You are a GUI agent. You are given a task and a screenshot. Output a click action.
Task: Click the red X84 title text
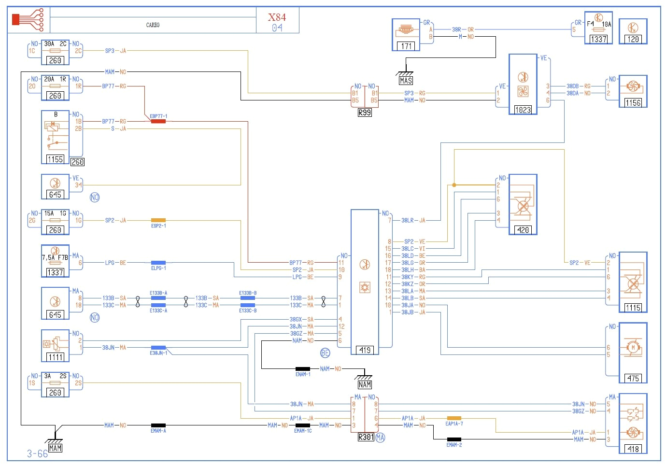(277, 17)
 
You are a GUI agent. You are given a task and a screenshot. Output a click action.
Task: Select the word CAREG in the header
(153, 25)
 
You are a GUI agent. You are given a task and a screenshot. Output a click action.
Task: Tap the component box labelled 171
(406, 35)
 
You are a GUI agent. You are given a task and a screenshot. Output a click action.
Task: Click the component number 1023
(523, 110)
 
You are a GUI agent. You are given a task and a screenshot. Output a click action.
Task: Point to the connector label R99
(365, 113)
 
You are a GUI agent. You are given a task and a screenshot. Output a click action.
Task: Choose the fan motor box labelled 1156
(633, 91)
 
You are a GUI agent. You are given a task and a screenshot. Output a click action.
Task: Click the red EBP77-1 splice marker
(158, 121)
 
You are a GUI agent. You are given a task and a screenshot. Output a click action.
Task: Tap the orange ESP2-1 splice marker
(158, 220)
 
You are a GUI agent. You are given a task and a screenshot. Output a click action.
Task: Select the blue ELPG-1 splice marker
(158, 263)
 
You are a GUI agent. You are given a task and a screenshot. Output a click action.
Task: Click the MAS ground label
(406, 81)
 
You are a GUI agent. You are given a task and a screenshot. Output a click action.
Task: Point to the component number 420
(523, 230)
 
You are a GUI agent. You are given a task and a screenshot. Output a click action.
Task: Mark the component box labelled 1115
(633, 282)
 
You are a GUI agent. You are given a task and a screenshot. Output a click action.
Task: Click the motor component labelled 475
(633, 353)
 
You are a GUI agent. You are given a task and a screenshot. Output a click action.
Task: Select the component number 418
(633, 449)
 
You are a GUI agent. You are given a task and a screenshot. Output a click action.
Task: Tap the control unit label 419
(365, 350)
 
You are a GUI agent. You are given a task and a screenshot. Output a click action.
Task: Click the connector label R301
(366, 437)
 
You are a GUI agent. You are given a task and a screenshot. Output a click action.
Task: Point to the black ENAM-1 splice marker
(303, 369)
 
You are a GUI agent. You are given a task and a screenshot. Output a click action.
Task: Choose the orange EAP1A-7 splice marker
(454, 418)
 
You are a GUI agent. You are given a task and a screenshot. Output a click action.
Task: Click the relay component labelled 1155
(55, 137)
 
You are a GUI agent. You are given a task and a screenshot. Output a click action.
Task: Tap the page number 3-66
(37, 453)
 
